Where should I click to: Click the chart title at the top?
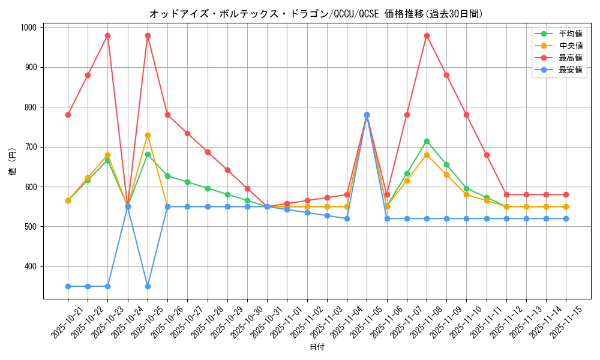click(x=316, y=14)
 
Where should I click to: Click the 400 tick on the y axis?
click(x=29, y=266)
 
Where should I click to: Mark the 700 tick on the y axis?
click(x=29, y=147)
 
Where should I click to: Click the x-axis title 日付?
click(x=317, y=347)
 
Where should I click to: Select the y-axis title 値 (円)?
click(x=13, y=163)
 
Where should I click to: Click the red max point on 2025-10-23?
click(x=107, y=35)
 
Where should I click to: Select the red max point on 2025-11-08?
click(x=427, y=35)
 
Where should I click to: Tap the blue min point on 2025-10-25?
click(x=148, y=286)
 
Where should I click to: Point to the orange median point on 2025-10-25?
click(x=148, y=135)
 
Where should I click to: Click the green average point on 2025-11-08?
click(x=427, y=141)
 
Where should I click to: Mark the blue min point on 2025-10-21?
click(x=68, y=286)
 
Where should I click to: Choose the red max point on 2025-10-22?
click(x=88, y=75)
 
